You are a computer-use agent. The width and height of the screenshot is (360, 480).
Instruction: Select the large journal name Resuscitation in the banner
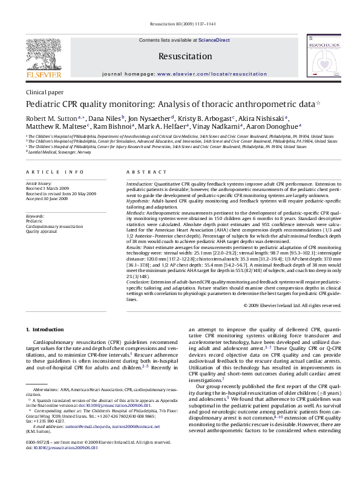180,56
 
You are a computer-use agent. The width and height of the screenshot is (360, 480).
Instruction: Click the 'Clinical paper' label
44,92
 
